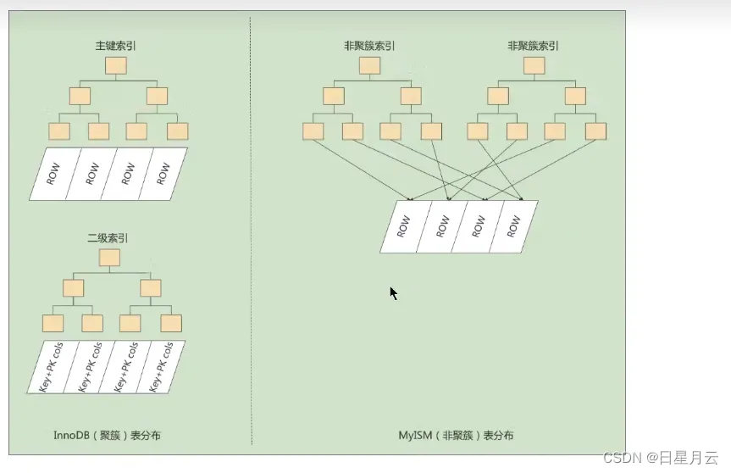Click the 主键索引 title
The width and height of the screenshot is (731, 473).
[x=116, y=45]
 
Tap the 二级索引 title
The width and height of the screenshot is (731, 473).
[x=108, y=240]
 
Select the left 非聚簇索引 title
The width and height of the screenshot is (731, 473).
[x=364, y=46]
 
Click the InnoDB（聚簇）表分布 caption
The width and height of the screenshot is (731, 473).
[x=107, y=436]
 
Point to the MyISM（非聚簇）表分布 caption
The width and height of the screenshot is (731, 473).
[x=456, y=436]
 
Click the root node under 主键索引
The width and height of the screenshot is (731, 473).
[x=116, y=65]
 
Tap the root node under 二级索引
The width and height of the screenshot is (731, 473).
[x=110, y=258]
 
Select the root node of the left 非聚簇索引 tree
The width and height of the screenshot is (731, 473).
[x=365, y=66]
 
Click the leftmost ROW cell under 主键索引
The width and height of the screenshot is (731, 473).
[x=53, y=174]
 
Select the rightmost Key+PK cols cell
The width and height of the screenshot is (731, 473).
[x=159, y=366]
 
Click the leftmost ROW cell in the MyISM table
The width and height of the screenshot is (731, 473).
[x=405, y=226]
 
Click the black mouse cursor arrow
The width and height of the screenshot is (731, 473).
[x=393, y=292]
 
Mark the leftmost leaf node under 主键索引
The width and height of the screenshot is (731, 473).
[x=58, y=131]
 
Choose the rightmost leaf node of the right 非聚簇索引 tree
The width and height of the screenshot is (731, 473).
[x=595, y=131]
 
